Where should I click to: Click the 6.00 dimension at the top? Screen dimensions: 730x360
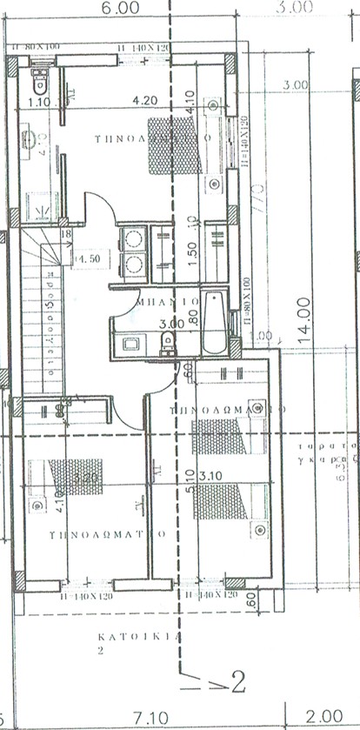click(122, 8)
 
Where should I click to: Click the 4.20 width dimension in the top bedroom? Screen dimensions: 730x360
click(144, 101)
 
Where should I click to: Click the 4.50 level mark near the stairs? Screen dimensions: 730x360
click(87, 258)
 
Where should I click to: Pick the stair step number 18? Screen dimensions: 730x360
click(65, 233)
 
